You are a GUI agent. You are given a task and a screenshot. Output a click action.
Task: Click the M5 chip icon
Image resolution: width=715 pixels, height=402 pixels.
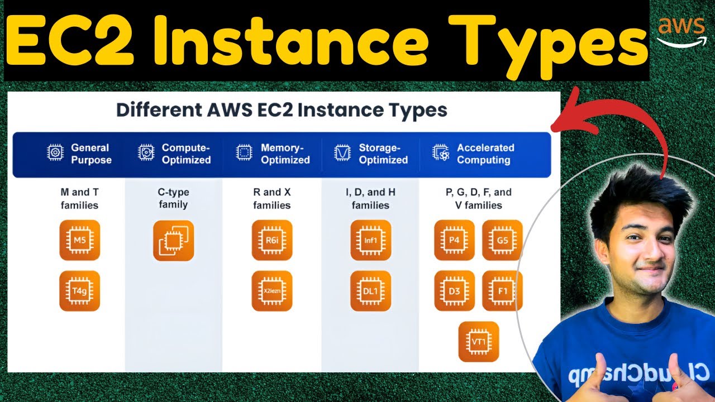[79, 240]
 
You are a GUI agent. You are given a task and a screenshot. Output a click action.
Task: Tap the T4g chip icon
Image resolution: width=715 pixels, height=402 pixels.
[79, 291]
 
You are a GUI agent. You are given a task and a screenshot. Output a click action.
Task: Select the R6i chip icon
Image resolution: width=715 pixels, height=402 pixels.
[272, 240]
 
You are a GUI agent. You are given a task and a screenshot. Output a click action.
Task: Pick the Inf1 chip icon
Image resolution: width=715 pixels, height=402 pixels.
[371, 240]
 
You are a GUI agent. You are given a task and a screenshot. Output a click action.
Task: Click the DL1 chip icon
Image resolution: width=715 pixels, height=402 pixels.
[371, 291]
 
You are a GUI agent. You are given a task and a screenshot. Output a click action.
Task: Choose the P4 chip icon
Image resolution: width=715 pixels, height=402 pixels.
[454, 240]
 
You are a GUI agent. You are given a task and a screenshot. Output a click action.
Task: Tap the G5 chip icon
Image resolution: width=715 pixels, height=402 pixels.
[502, 240]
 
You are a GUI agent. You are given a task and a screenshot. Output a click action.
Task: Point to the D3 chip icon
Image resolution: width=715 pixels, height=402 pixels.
[454, 291]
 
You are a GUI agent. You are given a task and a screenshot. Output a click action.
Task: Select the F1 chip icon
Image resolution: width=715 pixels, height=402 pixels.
[502, 291]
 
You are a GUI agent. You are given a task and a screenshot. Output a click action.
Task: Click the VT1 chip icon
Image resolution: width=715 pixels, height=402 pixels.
[478, 342]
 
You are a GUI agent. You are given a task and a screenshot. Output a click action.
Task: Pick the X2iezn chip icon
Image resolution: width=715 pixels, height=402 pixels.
[272, 291]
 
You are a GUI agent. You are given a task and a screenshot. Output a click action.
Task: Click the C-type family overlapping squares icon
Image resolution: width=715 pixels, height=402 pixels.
[173, 241]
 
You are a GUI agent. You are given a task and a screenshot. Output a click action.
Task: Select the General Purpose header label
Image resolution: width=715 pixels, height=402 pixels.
[91, 154]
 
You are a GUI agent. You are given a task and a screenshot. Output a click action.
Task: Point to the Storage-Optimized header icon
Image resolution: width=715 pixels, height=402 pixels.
[341, 153]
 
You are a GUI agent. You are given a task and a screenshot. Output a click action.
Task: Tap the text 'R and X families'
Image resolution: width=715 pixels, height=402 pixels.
[272, 199]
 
